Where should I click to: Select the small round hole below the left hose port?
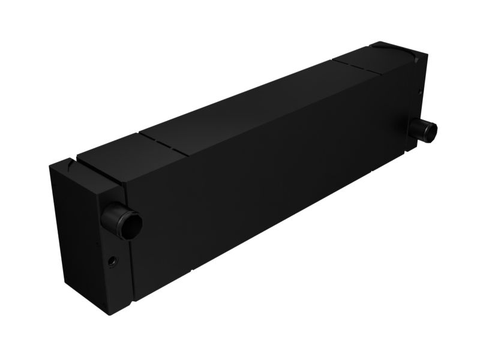[x=112, y=261]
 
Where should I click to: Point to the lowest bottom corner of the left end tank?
[x=108, y=314]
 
